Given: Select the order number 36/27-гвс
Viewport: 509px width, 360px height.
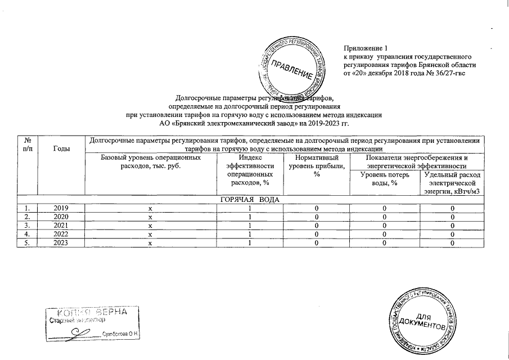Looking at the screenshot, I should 448,73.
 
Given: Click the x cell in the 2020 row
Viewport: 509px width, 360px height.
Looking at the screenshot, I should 150,216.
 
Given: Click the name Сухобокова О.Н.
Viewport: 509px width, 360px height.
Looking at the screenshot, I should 120,334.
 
